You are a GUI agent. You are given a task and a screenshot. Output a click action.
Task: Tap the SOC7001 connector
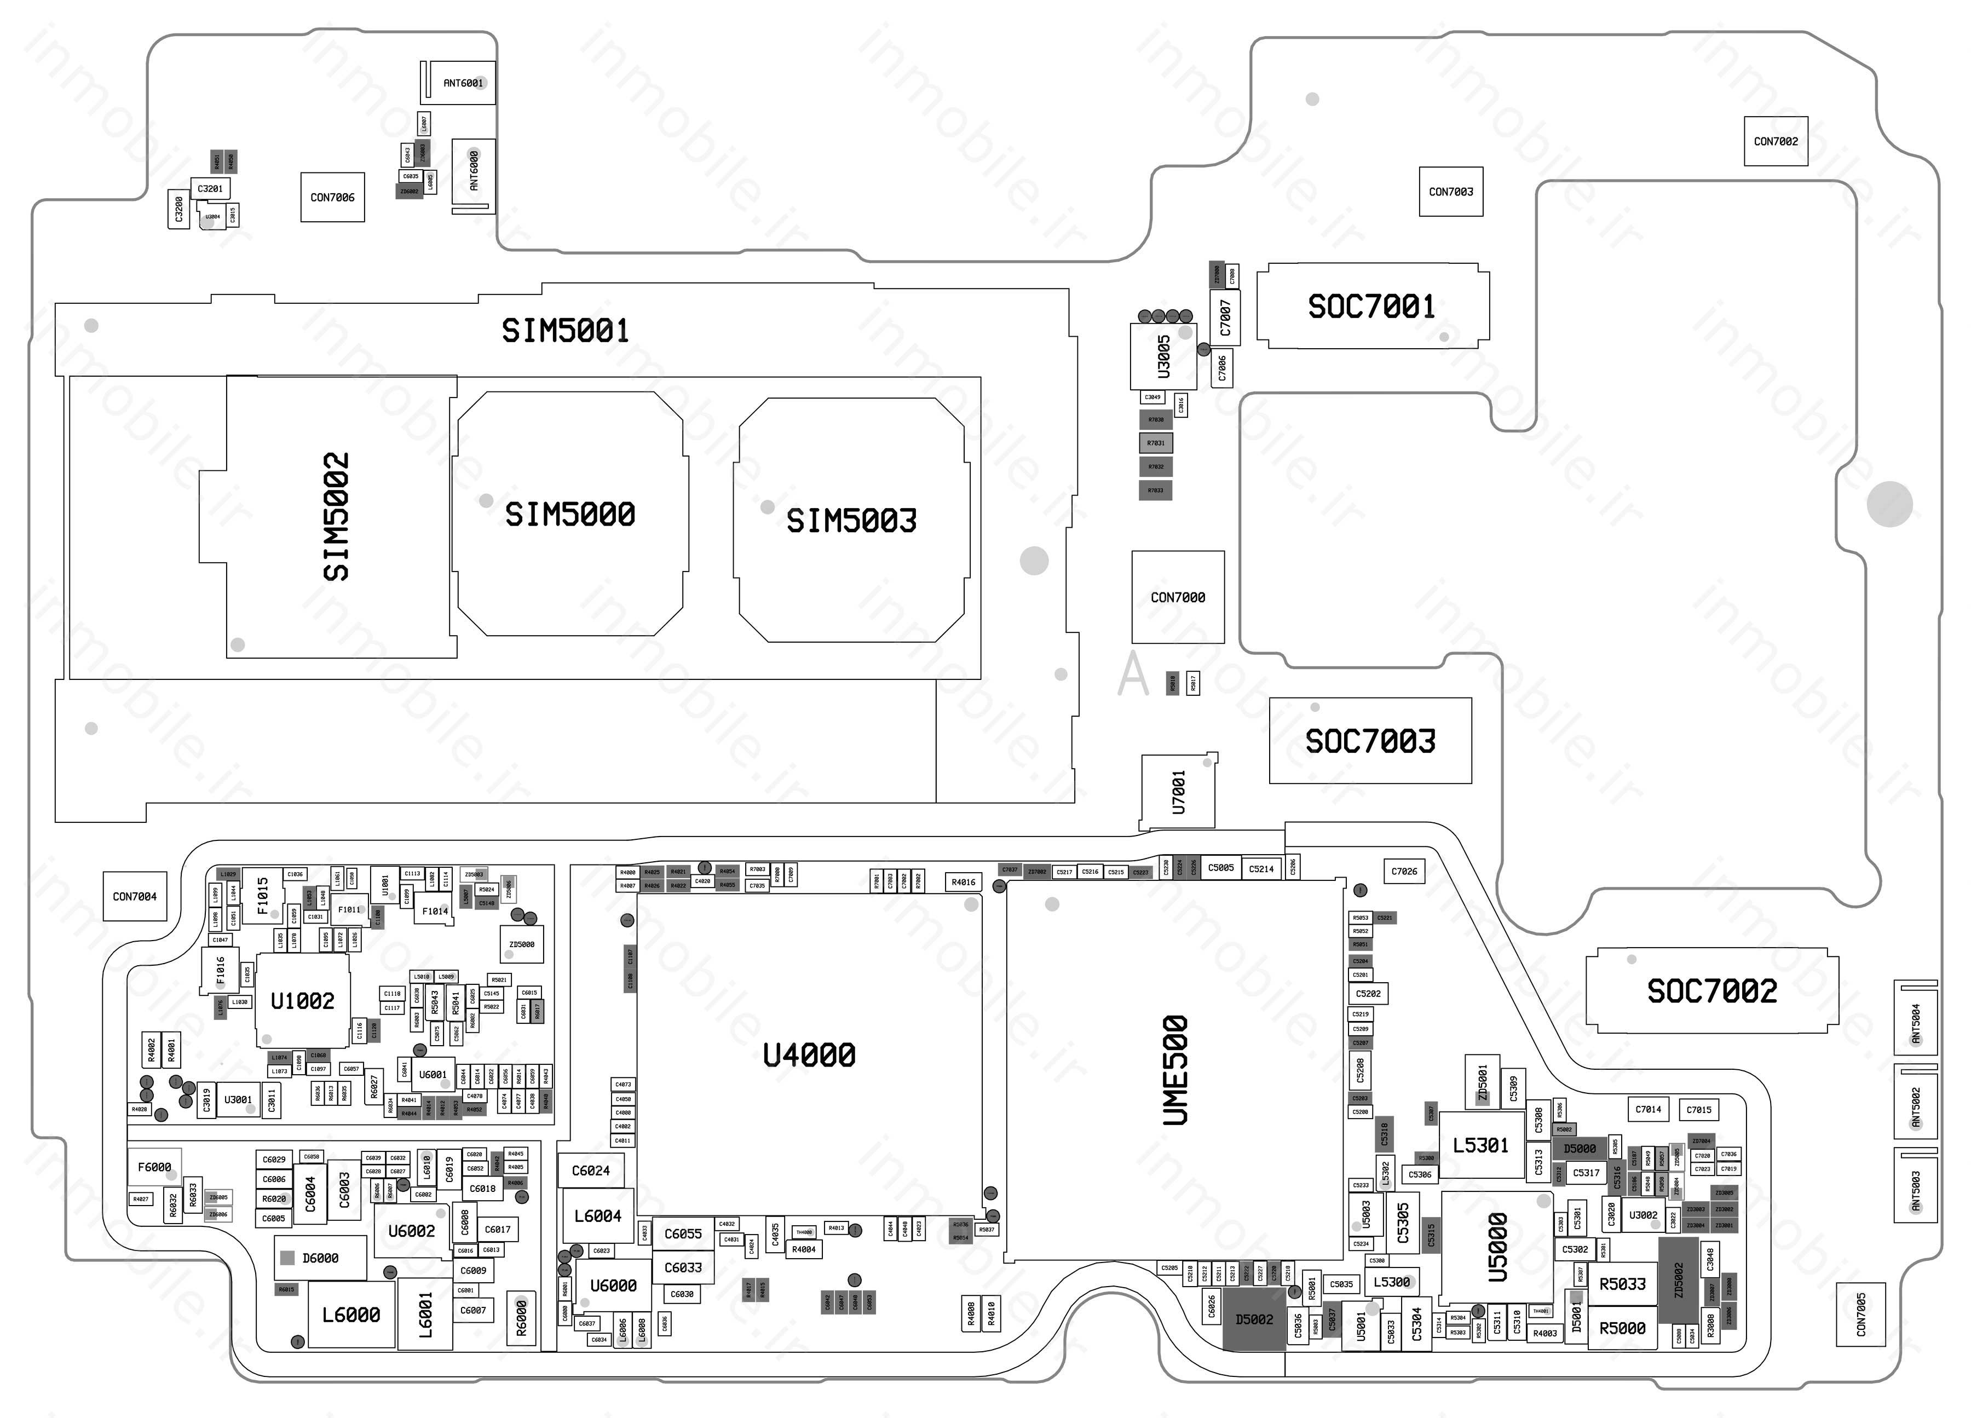[1371, 306]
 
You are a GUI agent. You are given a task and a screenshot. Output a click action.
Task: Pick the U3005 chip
[1163, 357]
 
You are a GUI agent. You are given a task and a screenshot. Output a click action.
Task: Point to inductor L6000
[350, 1315]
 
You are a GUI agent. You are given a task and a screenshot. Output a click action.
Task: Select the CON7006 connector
[332, 197]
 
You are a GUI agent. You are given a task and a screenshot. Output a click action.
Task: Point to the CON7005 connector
[1860, 1315]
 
